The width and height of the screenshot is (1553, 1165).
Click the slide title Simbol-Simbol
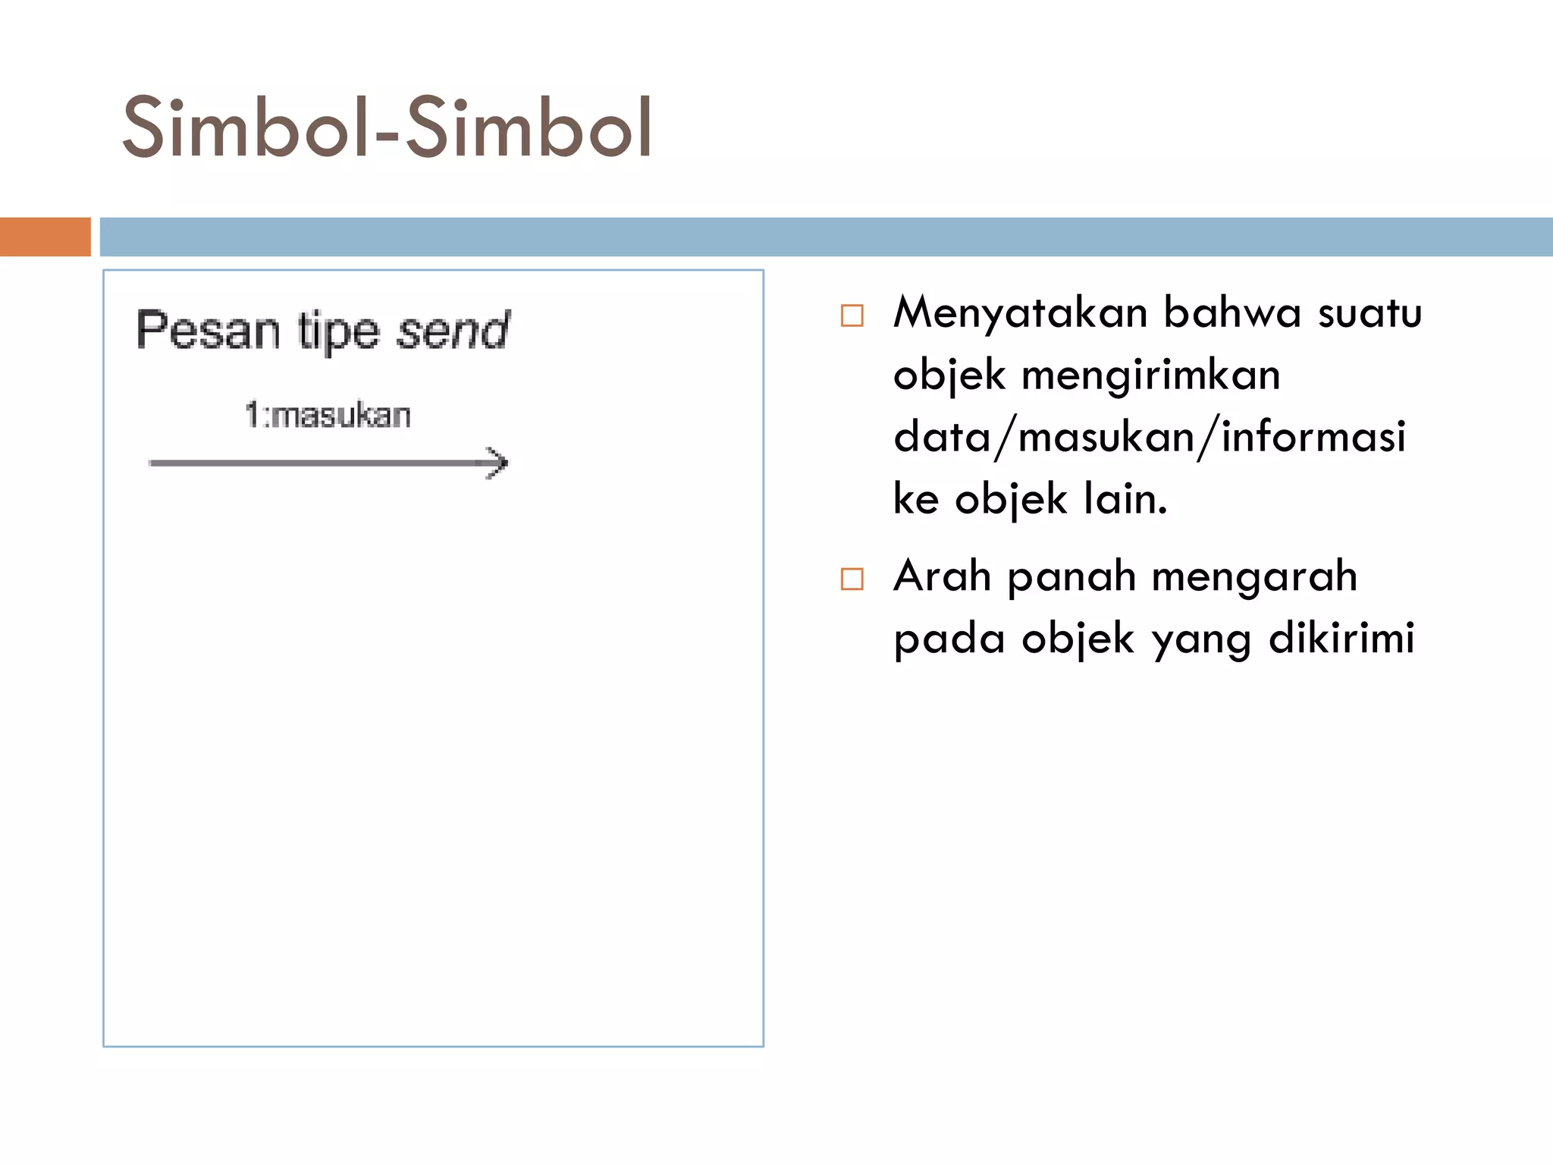tap(387, 127)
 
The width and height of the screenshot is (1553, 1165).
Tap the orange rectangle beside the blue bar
tap(45, 237)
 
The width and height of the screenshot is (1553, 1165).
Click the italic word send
tap(453, 331)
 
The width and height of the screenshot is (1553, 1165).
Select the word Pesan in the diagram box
tap(208, 331)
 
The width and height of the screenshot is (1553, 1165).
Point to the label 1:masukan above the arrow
tap(328, 416)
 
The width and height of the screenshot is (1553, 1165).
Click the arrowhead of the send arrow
tap(497, 463)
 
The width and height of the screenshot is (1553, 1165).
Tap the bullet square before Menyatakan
tap(852, 316)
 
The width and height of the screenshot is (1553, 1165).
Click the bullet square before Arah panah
tap(852, 579)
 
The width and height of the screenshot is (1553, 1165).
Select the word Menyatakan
tap(1020, 312)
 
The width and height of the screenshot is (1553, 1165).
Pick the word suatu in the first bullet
tap(1369, 312)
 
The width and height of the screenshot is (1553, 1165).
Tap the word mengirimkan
tap(1151, 375)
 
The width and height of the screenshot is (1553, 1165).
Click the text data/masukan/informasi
tap(1150, 438)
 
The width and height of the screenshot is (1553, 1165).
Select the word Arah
tap(942, 576)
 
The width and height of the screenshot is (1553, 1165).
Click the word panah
tap(1071, 576)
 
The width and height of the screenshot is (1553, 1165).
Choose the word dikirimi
tap(1341, 639)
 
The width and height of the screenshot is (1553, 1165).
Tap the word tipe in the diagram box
tap(338, 332)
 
